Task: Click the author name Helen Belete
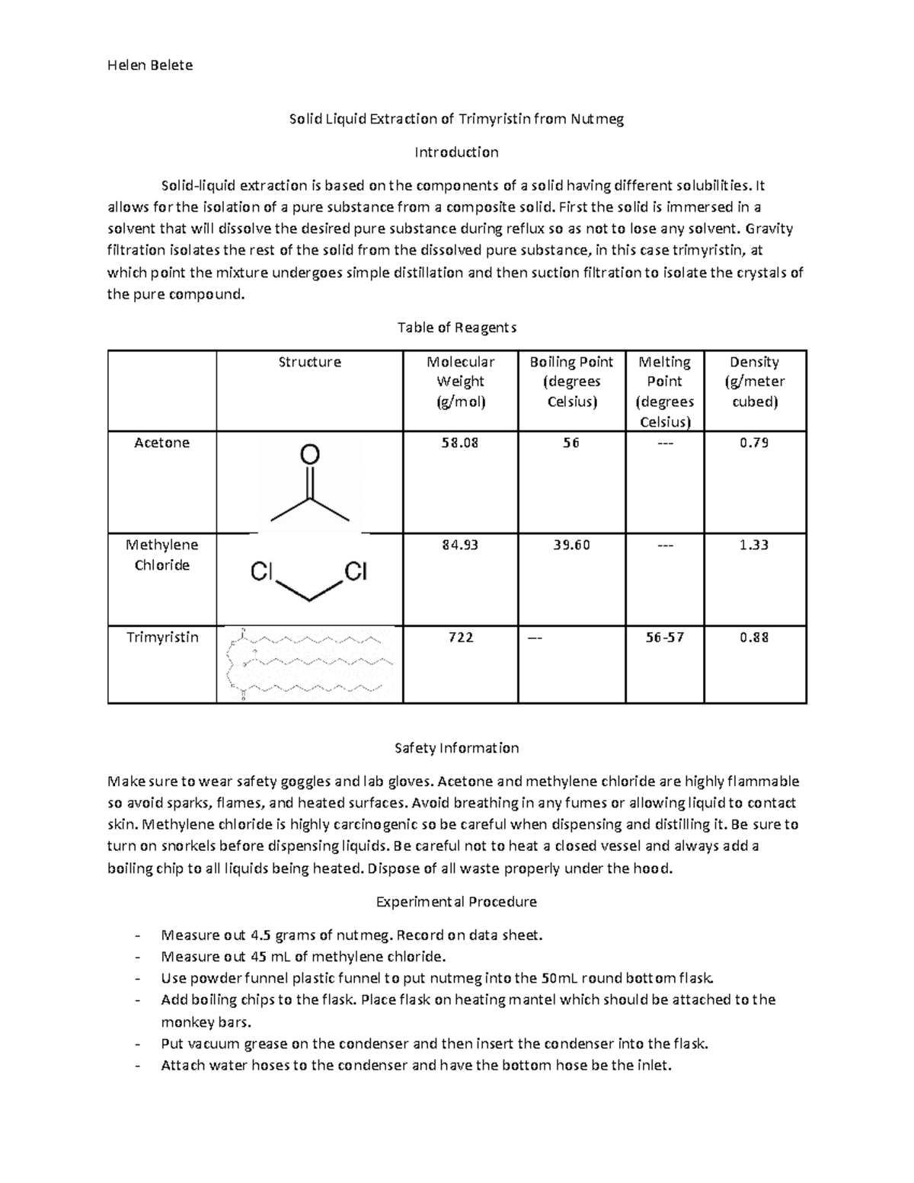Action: point(149,65)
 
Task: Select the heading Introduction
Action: point(456,152)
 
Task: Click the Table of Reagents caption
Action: point(456,328)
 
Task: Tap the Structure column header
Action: point(309,362)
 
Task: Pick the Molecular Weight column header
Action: point(460,381)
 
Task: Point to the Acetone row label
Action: point(161,443)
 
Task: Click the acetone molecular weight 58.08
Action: point(460,443)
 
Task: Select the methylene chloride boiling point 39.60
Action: point(571,545)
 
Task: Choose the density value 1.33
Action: point(754,545)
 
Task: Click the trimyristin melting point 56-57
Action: point(664,638)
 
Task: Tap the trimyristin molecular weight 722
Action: point(460,638)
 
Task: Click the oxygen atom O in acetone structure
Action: point(309,455)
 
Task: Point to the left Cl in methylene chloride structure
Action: point(261,571)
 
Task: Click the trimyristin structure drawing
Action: point(309,663)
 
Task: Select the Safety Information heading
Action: point(456,748)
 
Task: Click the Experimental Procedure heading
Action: point(456,902)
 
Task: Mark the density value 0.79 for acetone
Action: point(754,443)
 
